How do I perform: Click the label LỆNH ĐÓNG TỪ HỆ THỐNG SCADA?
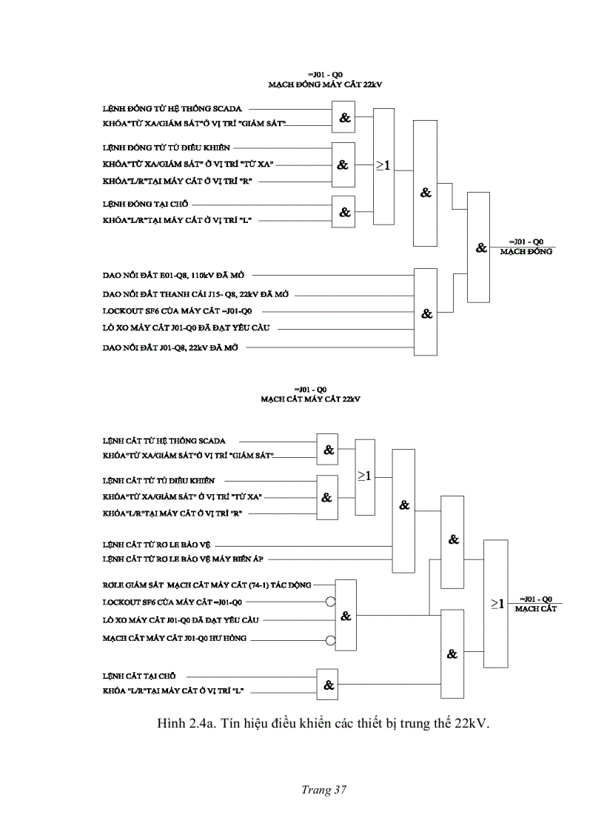point(172,109)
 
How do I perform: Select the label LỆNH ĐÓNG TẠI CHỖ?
point(145,204)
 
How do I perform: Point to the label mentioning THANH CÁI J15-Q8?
point(195,294)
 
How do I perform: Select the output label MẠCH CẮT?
point(536,608)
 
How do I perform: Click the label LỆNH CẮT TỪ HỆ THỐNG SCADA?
point(164,441)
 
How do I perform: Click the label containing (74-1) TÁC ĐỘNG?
point(207,585)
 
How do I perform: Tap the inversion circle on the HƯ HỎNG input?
point(331,638)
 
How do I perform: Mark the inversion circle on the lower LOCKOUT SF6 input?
point(331,602)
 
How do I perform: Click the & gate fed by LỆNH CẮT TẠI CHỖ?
point(328,685)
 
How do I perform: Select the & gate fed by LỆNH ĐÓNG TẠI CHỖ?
point(344,212)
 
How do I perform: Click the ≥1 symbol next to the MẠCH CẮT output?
point(498,605)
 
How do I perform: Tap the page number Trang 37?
point(323,789)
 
